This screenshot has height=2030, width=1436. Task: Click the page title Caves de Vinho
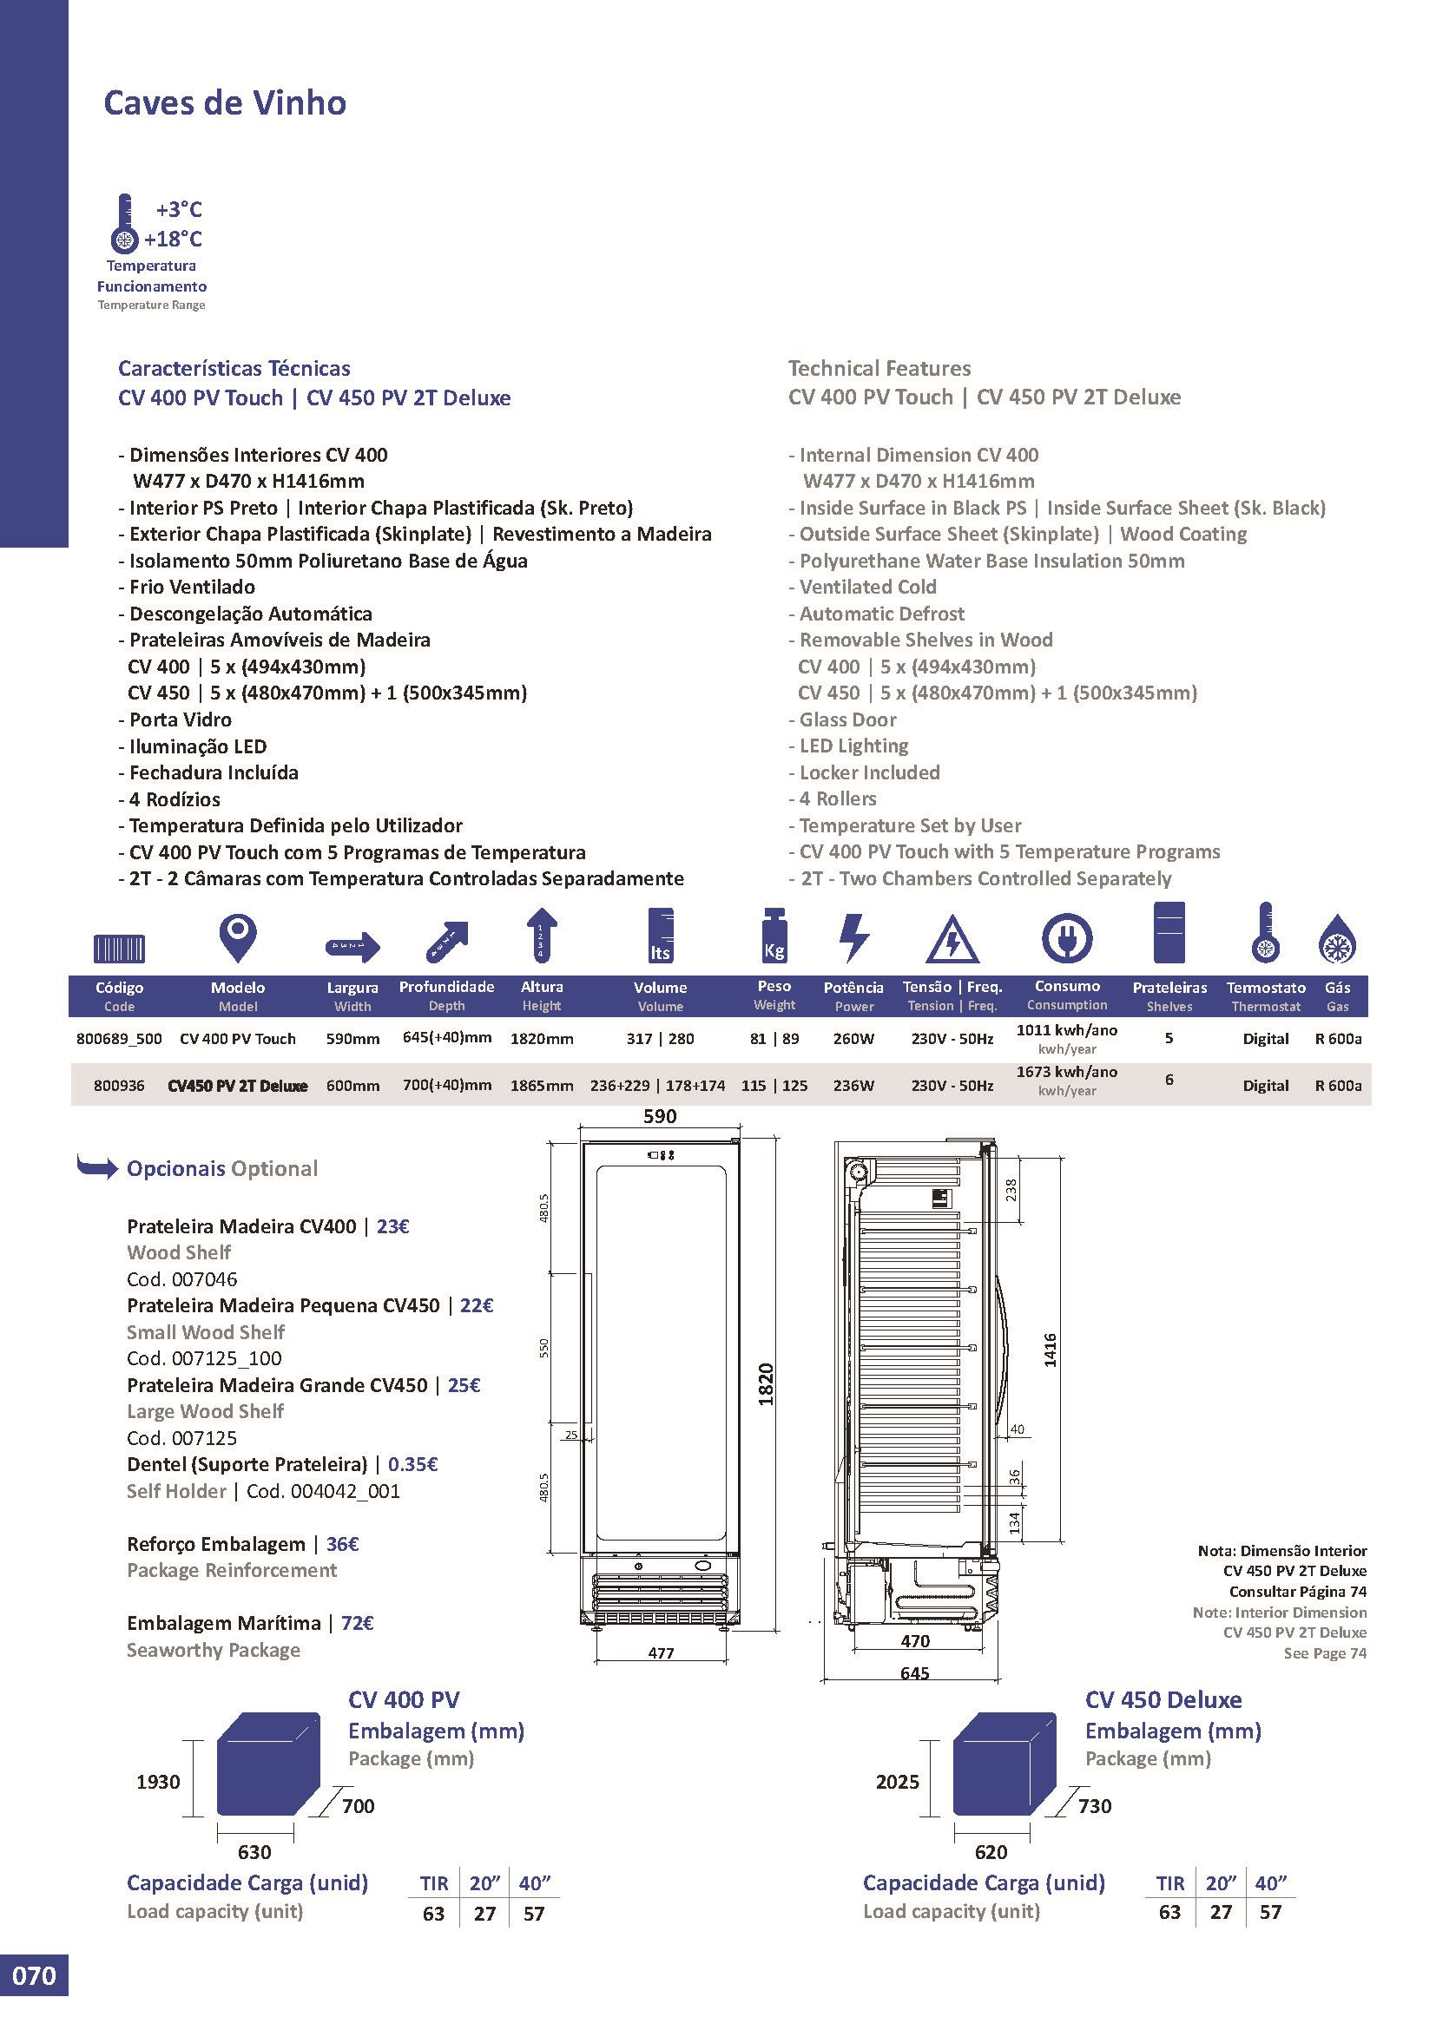pos(225,103)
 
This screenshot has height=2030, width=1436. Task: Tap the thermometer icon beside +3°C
pos(125,225)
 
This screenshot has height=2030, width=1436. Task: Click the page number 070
pos(35,2000)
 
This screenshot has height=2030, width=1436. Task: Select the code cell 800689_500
pos(119,1039)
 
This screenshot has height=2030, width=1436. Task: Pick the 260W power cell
pos(853,1039)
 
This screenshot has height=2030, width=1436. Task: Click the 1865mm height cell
pos(541,1086)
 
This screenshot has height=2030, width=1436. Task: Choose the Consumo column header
pos(1067,986)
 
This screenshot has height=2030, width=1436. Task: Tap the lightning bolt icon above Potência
pos(853,936)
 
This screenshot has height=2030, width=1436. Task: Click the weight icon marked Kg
pos(774,936)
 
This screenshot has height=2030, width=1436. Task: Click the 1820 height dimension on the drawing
pos(766,1383)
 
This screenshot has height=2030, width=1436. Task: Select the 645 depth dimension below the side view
pos(914,1672)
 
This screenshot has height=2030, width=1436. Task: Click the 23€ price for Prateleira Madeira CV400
pos(392,1226)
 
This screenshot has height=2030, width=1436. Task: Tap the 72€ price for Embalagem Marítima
pos(356,1623)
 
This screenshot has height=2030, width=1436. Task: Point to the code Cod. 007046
pos(182,1279)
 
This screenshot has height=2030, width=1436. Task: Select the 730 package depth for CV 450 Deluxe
pos(1095,1805)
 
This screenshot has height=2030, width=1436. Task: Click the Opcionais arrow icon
pos(97,1167)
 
